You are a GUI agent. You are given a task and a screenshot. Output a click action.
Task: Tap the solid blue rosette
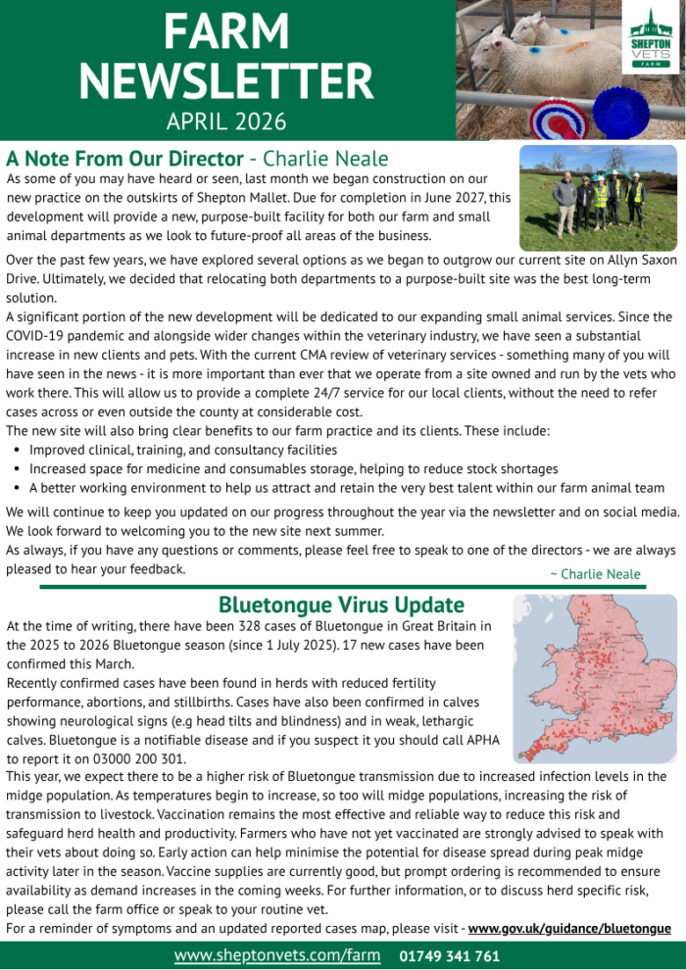click(620, 112)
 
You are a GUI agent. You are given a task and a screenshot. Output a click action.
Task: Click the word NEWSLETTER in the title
click(227, 81)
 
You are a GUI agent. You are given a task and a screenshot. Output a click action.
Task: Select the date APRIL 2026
click(226, 121)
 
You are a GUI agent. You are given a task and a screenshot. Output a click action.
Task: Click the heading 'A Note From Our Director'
click(124, 159)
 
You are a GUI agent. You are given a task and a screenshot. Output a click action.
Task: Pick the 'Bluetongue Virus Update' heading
click(341, 605)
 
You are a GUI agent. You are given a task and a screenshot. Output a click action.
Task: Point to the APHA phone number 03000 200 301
click(118, 758)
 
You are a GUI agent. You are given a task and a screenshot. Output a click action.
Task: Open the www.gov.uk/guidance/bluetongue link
click(570, 928)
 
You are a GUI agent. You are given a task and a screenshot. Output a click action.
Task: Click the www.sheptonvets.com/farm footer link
click(277, 954)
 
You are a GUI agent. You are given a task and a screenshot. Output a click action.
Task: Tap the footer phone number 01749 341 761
click(450, 955)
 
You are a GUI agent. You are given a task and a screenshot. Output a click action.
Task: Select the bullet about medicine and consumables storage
click(294, 469)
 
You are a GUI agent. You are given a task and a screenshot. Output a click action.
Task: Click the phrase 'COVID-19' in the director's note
click(35, 336)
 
